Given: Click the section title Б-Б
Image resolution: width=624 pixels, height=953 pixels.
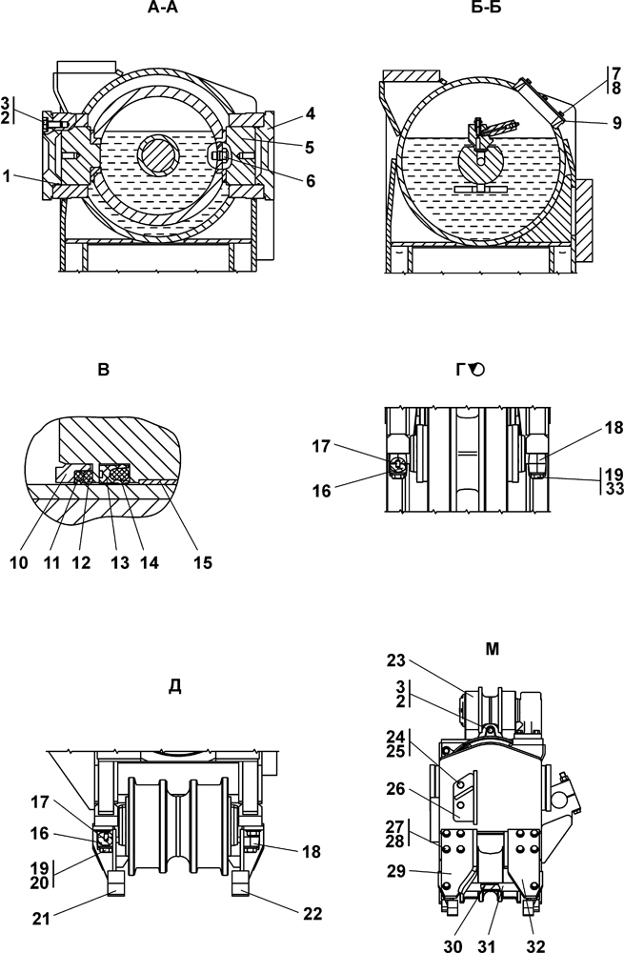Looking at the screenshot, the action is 486,8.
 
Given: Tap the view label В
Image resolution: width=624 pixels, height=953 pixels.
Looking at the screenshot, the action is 103,370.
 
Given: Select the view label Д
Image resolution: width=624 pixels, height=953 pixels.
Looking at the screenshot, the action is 173,686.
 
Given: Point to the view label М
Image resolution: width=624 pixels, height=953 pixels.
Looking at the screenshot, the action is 493,649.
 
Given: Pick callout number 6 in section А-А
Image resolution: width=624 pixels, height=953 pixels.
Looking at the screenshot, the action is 311,180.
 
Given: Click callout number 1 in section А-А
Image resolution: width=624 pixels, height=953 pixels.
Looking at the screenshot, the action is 7,177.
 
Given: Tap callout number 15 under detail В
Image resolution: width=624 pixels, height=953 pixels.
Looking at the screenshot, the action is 204,563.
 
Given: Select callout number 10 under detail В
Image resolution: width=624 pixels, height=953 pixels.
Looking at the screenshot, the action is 19,563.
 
